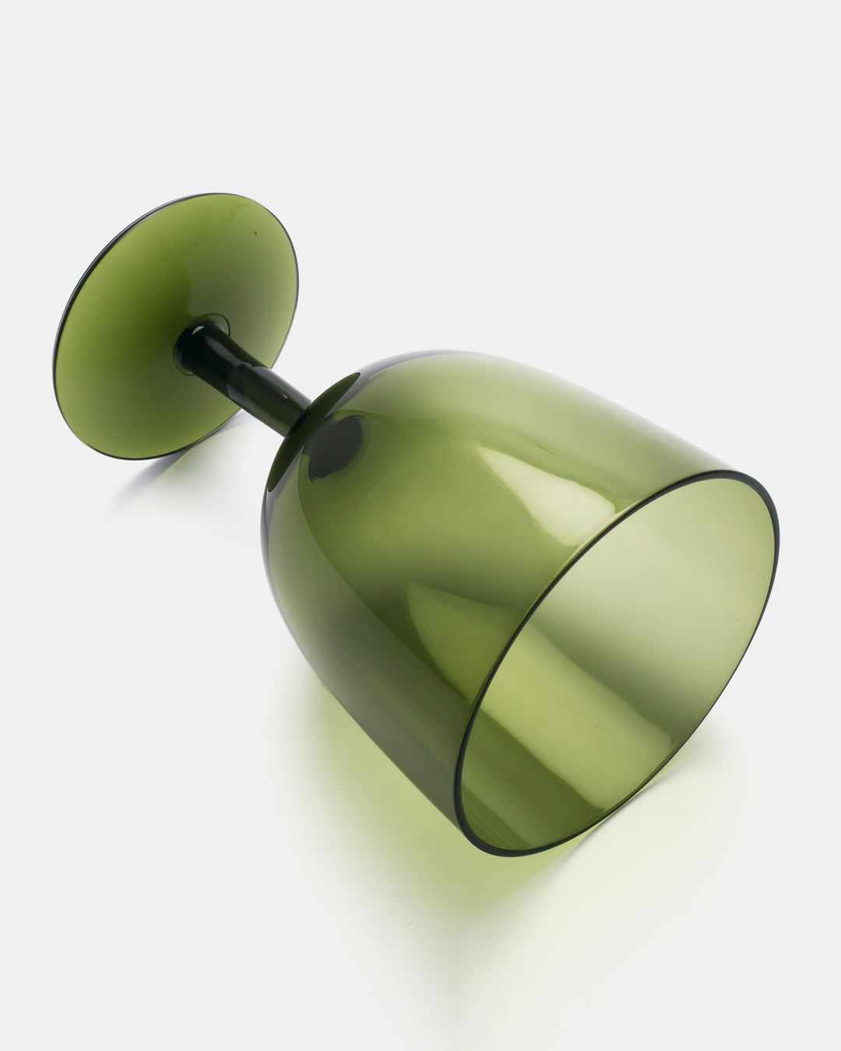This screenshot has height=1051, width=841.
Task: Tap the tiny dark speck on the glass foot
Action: pos(253,232)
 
